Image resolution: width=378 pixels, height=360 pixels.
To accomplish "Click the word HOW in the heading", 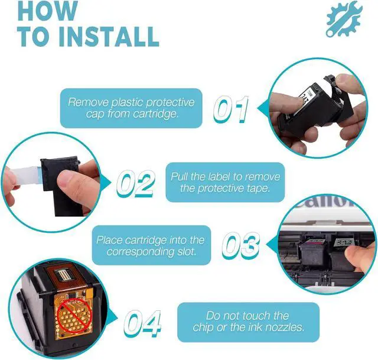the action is (x=48, y=10).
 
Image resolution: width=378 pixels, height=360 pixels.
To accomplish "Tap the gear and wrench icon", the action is (x=344, y=18).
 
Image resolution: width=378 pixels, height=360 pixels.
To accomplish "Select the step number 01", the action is (x=231, y=109).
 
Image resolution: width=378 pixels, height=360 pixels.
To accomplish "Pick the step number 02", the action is (x=135, y=183).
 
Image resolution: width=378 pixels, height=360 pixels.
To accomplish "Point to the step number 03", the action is (x=240, y=245).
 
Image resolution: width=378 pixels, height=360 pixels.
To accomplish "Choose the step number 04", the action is (x=142, y=323).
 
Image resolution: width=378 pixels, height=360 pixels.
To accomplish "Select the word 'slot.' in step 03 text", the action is (x=186, y=251).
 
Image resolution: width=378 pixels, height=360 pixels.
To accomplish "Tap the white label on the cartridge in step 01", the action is (x=308, y=96).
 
